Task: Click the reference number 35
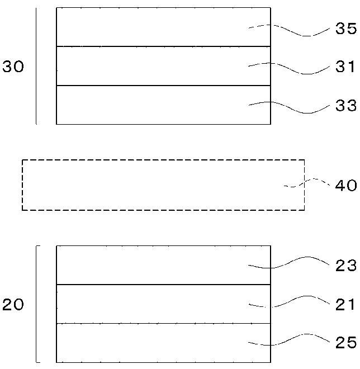(x=345, y=29)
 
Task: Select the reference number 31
(x=345, y=67)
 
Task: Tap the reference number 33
(x=345, y=106)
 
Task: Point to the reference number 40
(x=345, y=186)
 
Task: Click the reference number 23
(x=345, y=266)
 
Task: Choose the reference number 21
(x=345, y=305)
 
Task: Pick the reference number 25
(x=345, y=342)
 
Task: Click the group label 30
(x=13, y=67)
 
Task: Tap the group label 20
(x=13, y=305)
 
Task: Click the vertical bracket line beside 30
(x=36, y=66)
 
